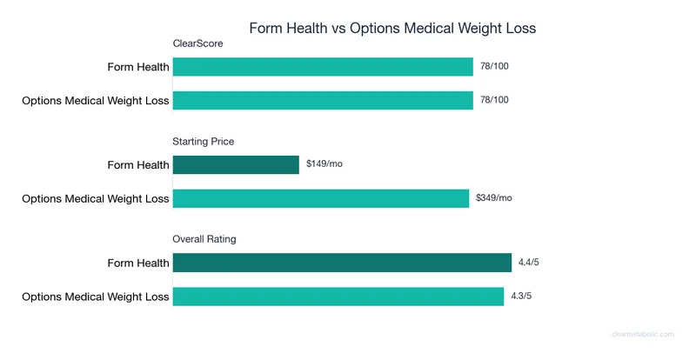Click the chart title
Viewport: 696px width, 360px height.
point(392,28)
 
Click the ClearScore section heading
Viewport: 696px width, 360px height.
point(197,43)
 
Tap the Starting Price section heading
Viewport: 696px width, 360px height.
point(204,141)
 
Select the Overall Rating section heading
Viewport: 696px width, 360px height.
point(204,238)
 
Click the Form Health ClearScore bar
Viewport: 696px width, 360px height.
point(323,67)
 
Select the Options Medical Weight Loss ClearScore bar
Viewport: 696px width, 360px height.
point(323,100)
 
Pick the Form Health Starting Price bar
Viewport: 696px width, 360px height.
point(236,164)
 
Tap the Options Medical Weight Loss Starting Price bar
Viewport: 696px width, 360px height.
point(321,198)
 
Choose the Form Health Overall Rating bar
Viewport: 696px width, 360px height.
point(342,263)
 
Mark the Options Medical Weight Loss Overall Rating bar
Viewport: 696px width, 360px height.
point(338,296)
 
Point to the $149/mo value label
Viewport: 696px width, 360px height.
point(325,164)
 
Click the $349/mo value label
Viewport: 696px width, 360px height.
point(494,198)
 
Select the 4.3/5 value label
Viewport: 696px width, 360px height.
point(523,296)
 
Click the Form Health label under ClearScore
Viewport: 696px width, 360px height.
point(138,67)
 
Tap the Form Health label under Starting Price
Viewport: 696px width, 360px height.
point(138,164)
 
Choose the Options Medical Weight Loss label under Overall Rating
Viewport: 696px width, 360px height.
point(96,297)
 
